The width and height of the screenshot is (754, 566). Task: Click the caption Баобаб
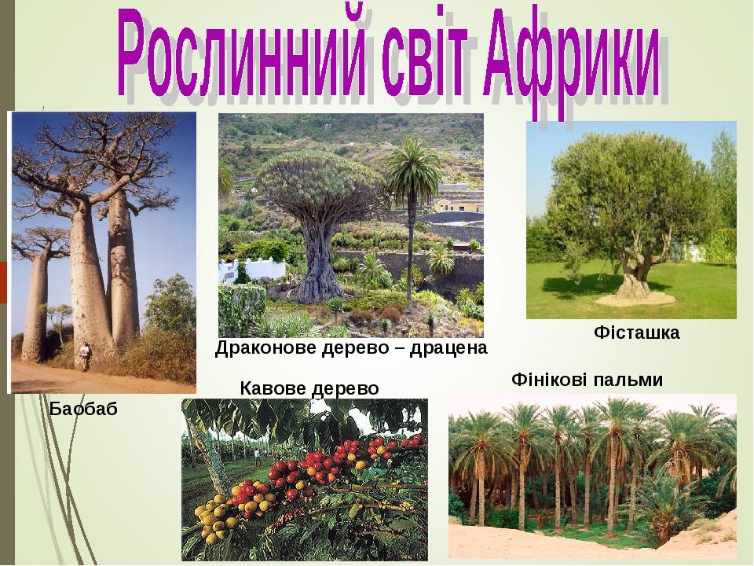click(84, 409)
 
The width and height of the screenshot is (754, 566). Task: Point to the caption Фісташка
click(637, 332)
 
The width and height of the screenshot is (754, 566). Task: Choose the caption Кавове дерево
click(309, 388)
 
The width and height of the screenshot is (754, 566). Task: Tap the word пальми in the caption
click(628, 380)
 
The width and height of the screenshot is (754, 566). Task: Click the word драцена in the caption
click(448, 348)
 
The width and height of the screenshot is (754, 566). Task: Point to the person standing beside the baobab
click(85, 357)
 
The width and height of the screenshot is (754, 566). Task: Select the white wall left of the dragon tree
click(252, 270)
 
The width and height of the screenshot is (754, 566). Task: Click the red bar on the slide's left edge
click(3, 282)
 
